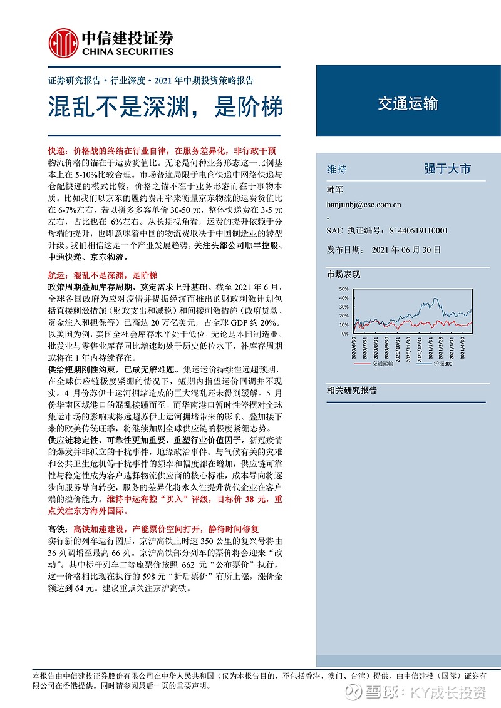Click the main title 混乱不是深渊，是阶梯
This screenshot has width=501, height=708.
[x=166, y=107]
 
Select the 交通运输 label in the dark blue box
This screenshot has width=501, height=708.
[x=408, y=104]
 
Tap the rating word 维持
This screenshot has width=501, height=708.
[x=337, y=169]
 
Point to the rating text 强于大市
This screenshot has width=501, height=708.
[x=447, y=169]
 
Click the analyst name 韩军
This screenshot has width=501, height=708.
[x=336, y=189]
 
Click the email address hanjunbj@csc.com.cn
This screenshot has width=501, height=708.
[x=364, y=204]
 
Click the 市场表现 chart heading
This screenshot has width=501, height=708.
[x=344, y=274]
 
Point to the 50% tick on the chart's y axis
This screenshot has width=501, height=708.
[x=343, y=289]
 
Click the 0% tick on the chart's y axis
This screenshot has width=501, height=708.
[x=344, y=334]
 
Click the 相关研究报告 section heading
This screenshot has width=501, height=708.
[x=352, y=390]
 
